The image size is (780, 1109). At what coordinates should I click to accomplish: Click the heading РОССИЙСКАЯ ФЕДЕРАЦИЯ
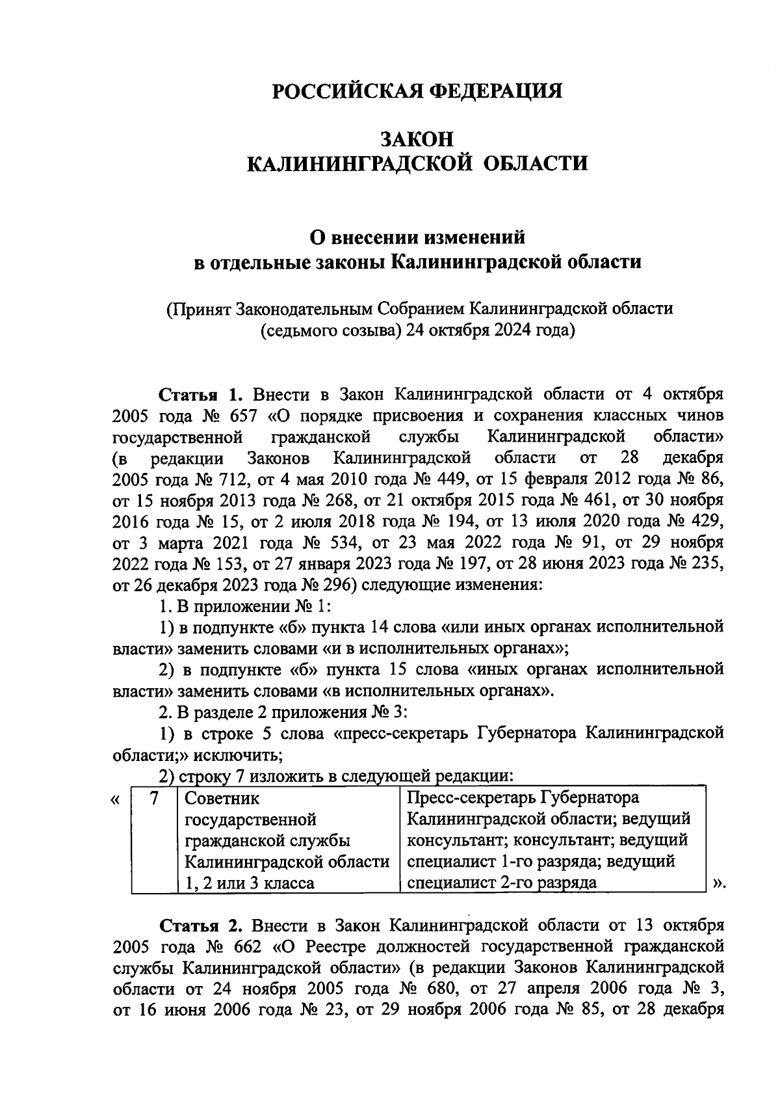coord(416,90)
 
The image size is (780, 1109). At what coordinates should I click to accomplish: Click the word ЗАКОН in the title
coord(416,139)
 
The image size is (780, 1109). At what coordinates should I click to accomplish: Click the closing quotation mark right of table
coord(717,883)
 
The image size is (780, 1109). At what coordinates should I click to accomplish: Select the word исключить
coord(243,755)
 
